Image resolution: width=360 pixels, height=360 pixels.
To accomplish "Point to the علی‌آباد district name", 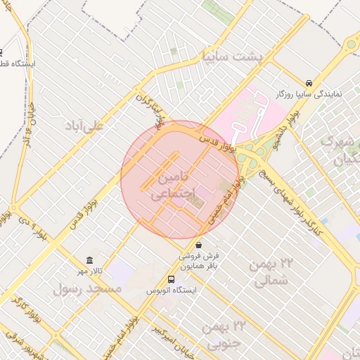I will point(84,126).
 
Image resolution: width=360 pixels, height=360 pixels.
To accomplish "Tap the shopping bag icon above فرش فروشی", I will point(198,245).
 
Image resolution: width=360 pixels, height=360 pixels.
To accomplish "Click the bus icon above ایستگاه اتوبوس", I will point(172,279).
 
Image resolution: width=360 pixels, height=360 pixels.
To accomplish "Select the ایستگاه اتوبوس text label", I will point(172,290).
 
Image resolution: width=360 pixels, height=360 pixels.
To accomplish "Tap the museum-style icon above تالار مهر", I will point(89,260).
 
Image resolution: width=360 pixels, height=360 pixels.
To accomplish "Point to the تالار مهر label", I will point(90,271).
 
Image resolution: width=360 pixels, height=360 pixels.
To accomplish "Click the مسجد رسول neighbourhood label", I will point(88,289).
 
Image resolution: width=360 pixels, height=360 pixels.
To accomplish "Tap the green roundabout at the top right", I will point(350,45).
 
